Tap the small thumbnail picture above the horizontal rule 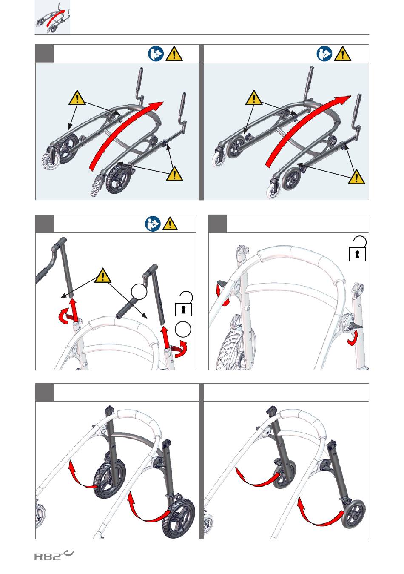click(x=52, y=17)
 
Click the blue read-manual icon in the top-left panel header click(x=156, y=54)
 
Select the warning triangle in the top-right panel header click(x=343, y=54)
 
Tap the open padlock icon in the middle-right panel click(x=358, y=249)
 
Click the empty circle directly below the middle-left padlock click(x=183, y=330)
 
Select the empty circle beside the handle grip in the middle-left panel click(x=139, y=292)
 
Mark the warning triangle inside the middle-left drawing click(x=102, y=276)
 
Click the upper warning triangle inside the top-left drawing click(x=77, y=98)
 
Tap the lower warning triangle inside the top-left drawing click(x=174, y=174)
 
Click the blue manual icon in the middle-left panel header click(x=153, y=224)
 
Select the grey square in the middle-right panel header click(x=217, y=224)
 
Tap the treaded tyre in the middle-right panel click(x=231, y=344)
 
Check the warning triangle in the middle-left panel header click(x=170, y=224)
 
